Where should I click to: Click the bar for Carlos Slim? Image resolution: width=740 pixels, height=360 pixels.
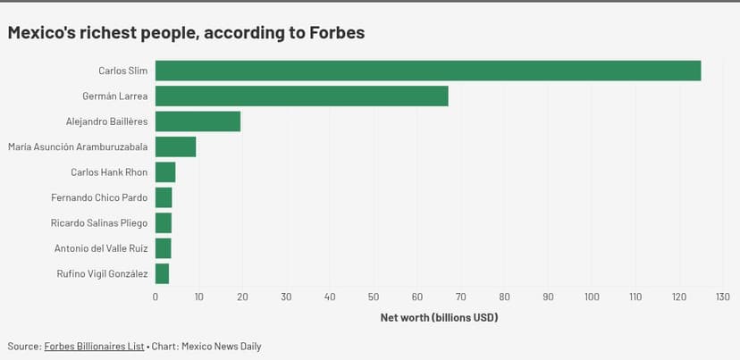(427, 71)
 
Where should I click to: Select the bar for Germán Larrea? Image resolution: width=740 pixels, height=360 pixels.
(301, 96)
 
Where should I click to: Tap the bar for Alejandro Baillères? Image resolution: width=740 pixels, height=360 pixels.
(198, 121)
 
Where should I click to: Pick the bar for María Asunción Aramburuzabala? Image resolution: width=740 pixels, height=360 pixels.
(175, 147)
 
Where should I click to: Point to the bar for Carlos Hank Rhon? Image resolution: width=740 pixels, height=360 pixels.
(165, 172)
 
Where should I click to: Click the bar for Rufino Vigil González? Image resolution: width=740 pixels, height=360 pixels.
(162, 273)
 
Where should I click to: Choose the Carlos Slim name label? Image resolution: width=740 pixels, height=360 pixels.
(122, 71)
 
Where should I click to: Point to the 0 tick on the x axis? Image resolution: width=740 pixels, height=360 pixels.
(156, 297)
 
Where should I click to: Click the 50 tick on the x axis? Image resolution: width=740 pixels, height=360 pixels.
(374, 297)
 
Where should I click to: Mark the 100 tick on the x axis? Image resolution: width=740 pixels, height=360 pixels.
(592, 297)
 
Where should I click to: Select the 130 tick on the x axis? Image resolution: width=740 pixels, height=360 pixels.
(723, 297)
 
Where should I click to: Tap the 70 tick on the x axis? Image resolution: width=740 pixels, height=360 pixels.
(461, 297)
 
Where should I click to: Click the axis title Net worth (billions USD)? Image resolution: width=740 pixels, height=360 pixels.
(439, 317)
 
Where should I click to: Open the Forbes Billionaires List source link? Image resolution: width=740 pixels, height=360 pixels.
(94, 346)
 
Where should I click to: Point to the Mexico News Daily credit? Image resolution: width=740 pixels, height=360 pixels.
(221, 346)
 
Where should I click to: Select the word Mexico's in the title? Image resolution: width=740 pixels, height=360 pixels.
(44, 32)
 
